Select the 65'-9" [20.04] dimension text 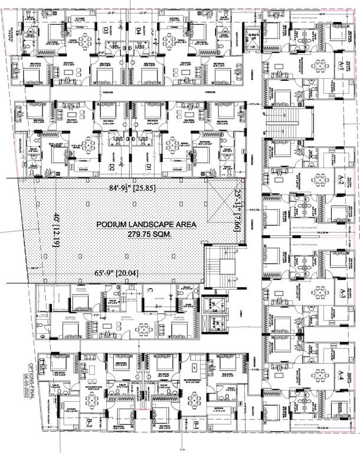123,273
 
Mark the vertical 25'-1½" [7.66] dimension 236,211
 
